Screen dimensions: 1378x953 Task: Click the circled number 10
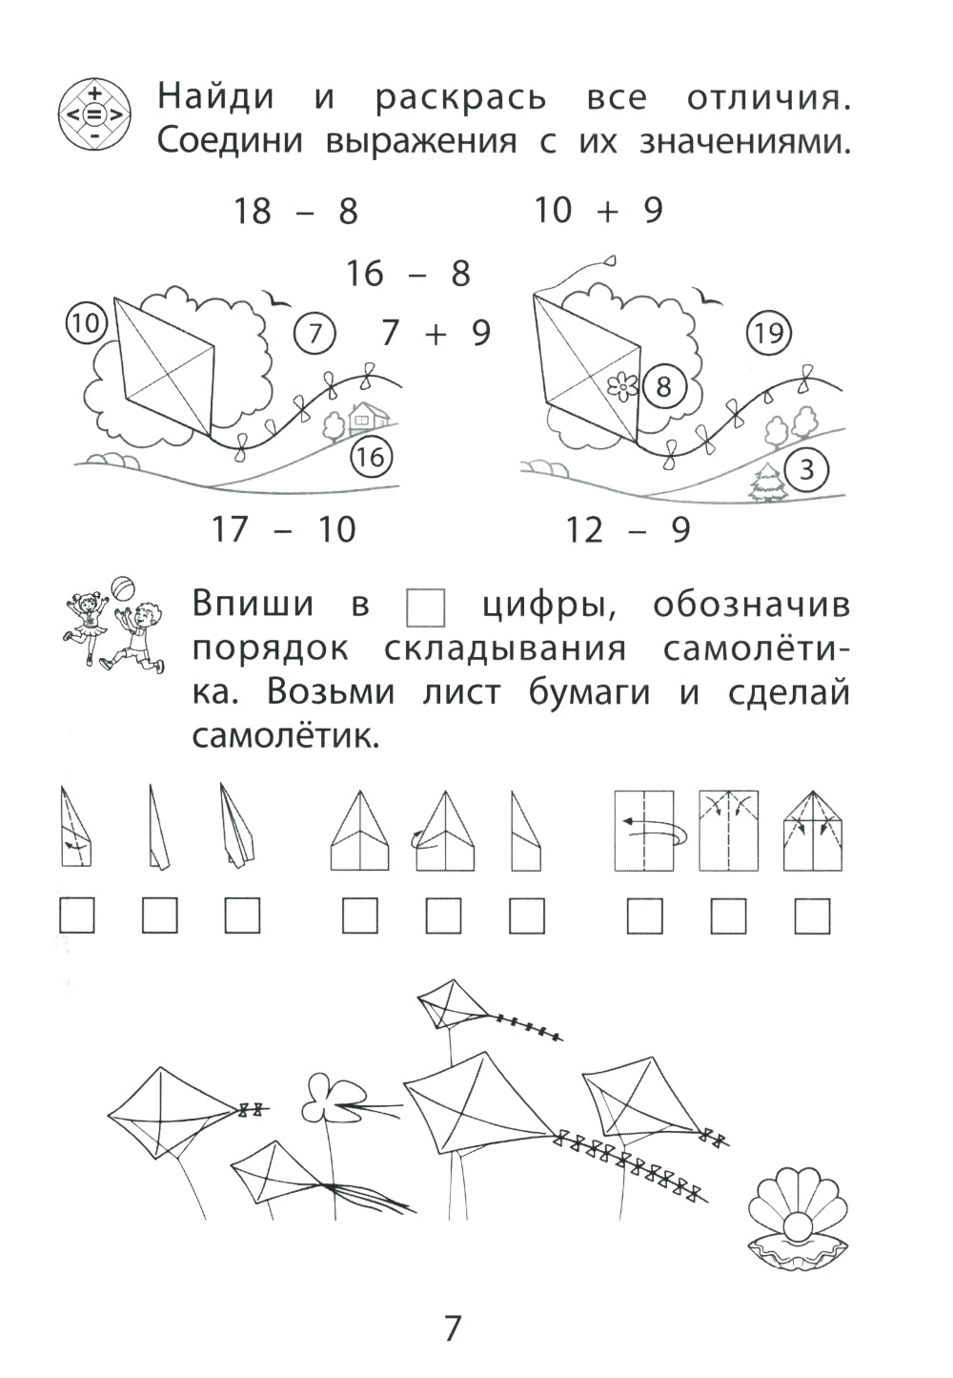pyautogui.click(x=85, y=323)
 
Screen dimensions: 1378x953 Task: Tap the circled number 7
pyautogui.click(x=315, y=334)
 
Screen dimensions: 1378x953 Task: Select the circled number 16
pyautogui.click(x=370, y=458)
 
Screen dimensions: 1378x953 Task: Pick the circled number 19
pyautogui.click(x=768, y=333)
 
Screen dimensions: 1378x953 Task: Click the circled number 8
pyautogui.click(x=663, y=387)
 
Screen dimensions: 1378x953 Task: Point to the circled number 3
pyautogui.click(x=807, y=469)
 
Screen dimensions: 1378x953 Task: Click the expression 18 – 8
pyautogui.click(x=295, y=211)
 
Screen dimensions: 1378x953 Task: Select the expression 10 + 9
pyautogui.click(x=598, y=210)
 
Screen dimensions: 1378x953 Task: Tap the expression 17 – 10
pyautogui.click(x=283, y=528)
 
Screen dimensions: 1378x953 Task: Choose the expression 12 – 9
pyautogui.click(x=627, y=528)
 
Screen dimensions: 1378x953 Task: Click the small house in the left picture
pyautogui.click(x=364, y=416)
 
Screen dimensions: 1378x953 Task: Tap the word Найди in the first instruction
pyautogui.click(x=215, y=96)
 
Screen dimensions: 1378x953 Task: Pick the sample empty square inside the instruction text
pyautogui.click(x=425, y=607)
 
